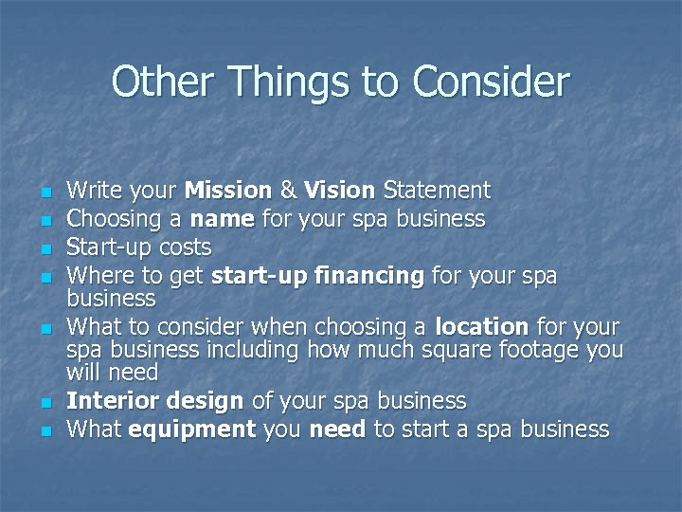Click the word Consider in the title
pyautogui.click(x=491, y=82)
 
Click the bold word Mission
pyautogui.click(x=227, y=191)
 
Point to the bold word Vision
pyautogui.click(x=340, y=191)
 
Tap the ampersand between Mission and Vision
pyautogui.click(x=288, y=191)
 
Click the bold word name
pyautogui.click(x=222, y=220)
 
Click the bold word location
pyautogui.click(x=481, y=328)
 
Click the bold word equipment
pyautogui.click(x=192, y=430)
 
